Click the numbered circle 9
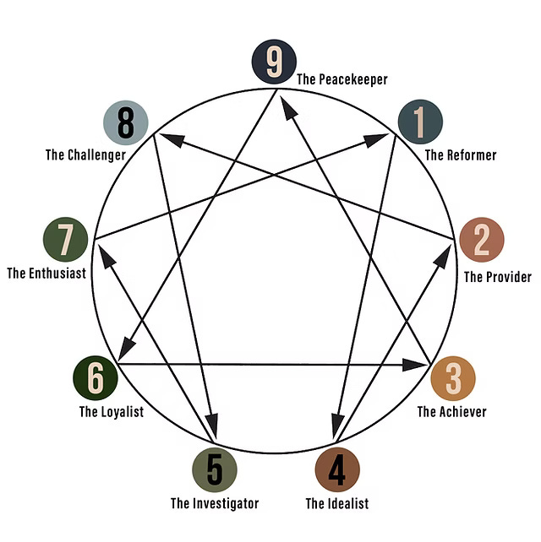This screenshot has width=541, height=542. tap(273, 62)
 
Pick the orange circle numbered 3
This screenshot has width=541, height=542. tap(453, 378)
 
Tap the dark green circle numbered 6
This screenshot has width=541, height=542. tap(96, 377)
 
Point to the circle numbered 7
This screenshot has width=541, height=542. tap(65, 239)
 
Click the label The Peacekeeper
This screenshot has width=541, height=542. tap(342, 79)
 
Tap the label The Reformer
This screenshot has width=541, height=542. tap(460, 155)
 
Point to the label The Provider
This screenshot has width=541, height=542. tap(498, 277)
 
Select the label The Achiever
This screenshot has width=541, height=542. tap(451, 412)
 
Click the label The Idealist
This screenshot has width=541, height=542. tap(337, 504)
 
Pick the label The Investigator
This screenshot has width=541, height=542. tap(215, 504)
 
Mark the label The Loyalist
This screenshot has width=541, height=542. tap(112, 412)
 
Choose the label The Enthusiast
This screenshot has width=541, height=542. tap(46, 274)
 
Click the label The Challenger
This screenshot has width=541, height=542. tap(85, 155)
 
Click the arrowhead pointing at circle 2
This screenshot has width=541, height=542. tap(441, 255)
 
